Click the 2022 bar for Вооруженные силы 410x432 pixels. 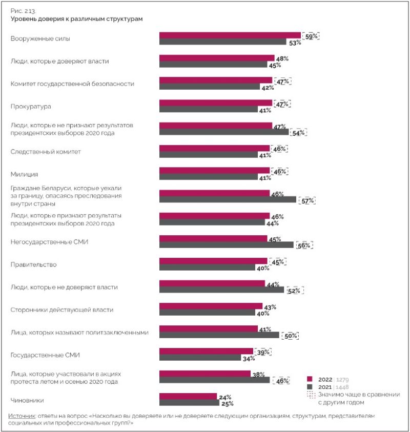point(230,35)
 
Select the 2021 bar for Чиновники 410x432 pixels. point(189,403)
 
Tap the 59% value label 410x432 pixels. point(311,36)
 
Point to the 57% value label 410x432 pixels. point(308,200)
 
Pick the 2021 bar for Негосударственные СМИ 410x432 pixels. point(226,245)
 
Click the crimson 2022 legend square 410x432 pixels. point(310,379)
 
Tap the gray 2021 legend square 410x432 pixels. point(310,387)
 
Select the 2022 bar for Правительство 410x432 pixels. point(213,260)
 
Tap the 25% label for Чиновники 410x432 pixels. point(227,404)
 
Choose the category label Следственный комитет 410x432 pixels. point(46,152)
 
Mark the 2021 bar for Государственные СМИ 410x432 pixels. point(200,358)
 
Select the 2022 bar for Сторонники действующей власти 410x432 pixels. point(211,306)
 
